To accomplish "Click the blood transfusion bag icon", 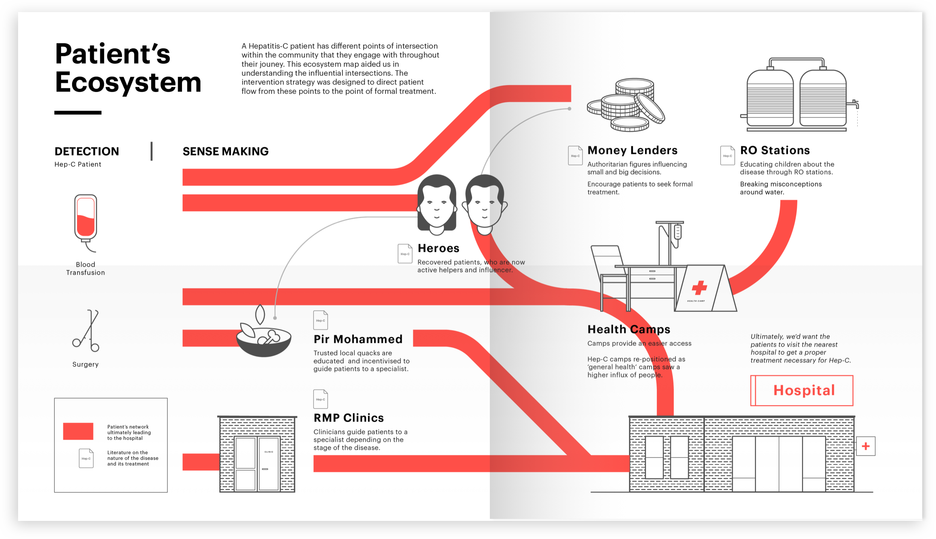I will click(x=86, y=219).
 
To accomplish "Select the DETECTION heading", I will click(x=87, y=152).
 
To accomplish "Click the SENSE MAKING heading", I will click(x=225, y=152).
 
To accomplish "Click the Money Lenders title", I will click(x=632, y=150).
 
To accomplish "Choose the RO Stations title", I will click(x=775, y=150).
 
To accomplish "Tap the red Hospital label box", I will click(x=802, y=390).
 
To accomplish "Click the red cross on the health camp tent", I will click(x=699, y=288).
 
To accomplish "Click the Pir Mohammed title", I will click(x=358, y=339).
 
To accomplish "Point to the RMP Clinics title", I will click(x=349, y=418).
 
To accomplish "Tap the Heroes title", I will click(x=439, y=248).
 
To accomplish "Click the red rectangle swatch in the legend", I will click(x=78, y=431).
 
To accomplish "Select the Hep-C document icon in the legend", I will click(x=86, y=458).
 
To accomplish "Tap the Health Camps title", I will click(x=629, y=329).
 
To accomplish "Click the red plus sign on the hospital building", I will click(x=866, y=446).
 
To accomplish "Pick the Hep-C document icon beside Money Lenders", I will click(x=575, y=155).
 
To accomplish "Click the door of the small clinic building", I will click(x=269, y=464).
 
